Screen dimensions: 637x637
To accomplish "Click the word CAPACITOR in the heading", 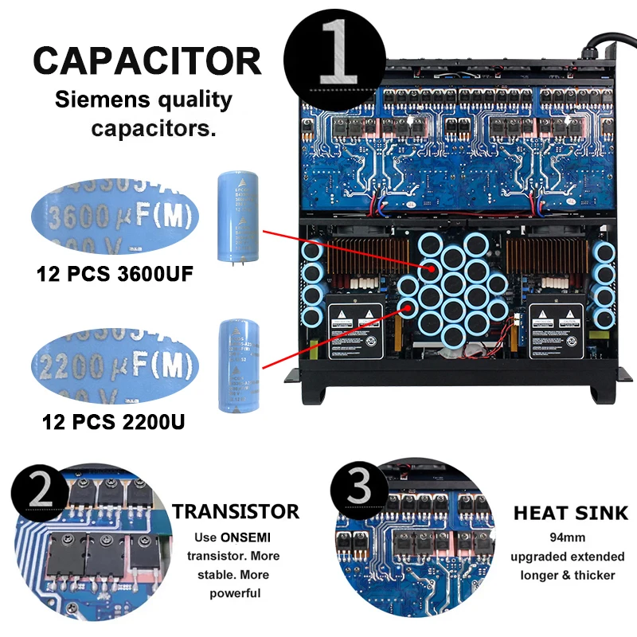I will point(147,61).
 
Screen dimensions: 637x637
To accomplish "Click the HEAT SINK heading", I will point(570,513).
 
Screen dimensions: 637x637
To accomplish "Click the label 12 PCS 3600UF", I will point(115,276).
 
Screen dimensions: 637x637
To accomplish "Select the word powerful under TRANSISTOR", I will point(235,593).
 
